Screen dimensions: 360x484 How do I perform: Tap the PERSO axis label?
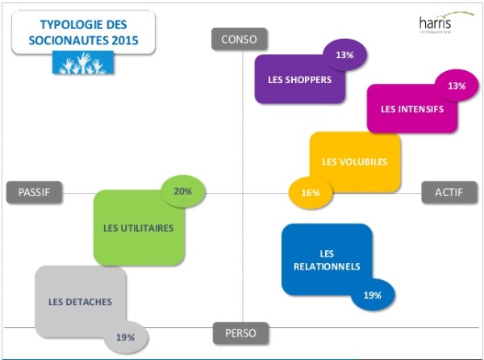pyautogui.click(x=240, y=332)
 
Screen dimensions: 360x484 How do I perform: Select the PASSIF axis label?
pyautogui.click(x=35, y=192)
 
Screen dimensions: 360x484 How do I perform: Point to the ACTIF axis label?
pyautogui.click(x=449, y=192)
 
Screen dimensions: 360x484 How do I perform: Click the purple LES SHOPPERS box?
pyautogui.click(x=299, y=79)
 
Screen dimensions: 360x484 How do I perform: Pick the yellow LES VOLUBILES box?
pyautogui.click(x=353, y=161)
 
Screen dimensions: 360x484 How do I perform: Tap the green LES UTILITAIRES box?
pyautogui.click(x=138, y=228)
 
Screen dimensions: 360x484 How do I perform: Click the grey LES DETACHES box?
pyautogui.click(x=80, y=302)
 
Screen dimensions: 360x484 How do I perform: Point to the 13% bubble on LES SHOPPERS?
pyautogui.click(x=345, y=56)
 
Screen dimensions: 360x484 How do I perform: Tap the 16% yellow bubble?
pyautogui.click(x=311, y=193)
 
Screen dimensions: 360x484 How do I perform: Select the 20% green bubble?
pyautogui.click(x=183, y=191)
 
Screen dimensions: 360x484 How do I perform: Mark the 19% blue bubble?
pyautogui.click(x=373, y=295)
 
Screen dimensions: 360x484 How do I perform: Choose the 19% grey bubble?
pyautogui.click(x=125, y=337)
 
